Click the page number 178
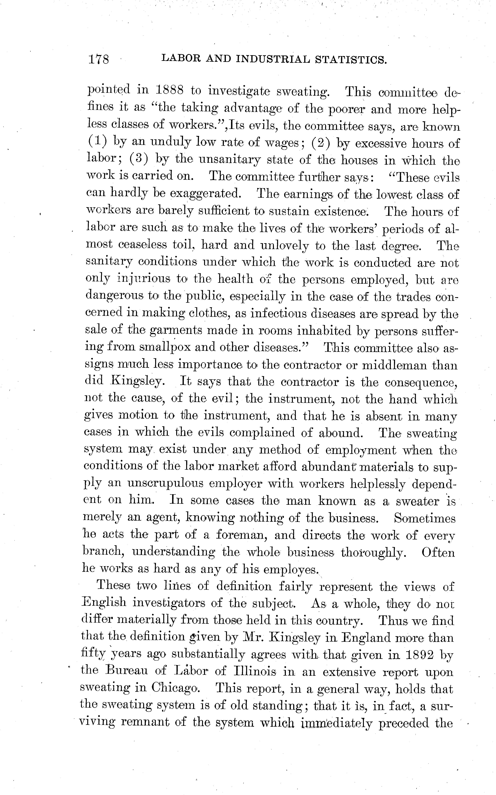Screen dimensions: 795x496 tap(98, 59)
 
